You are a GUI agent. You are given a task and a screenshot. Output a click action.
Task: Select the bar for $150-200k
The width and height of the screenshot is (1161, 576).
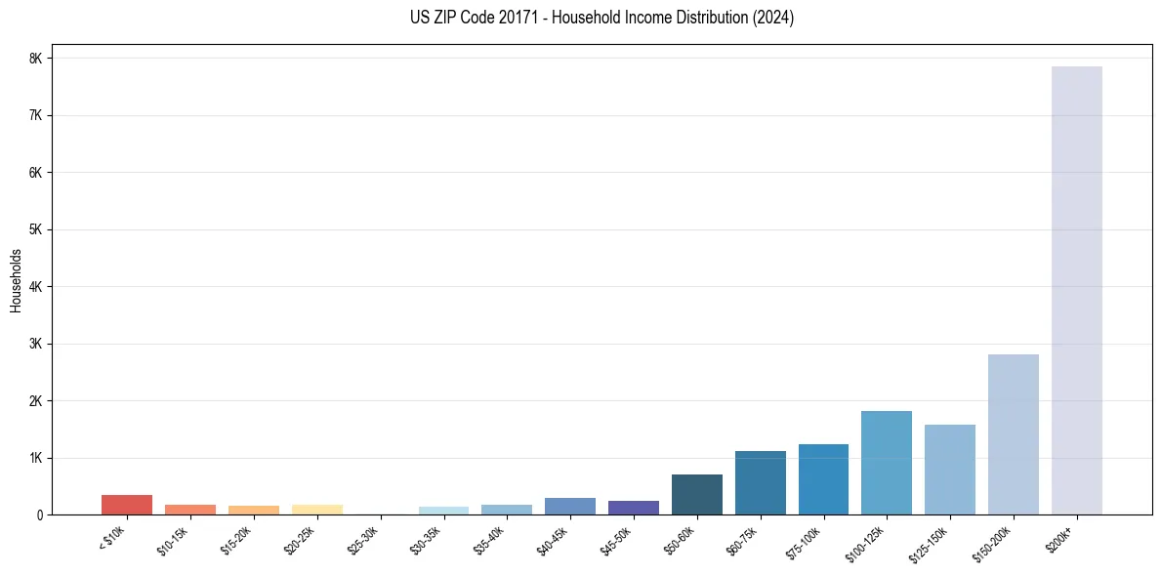coord(1013,434)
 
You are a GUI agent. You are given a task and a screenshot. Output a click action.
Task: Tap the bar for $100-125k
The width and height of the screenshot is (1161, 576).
coord(886,463)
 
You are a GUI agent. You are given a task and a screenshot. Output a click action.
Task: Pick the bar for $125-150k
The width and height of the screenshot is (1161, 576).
coord(949,470)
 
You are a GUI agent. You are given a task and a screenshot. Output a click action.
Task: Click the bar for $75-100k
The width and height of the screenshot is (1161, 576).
coord(823,479)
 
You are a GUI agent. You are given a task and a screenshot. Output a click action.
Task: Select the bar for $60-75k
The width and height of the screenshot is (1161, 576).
coord(760,482)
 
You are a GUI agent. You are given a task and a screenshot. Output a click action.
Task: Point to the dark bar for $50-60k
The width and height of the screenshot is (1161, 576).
coord(696,494)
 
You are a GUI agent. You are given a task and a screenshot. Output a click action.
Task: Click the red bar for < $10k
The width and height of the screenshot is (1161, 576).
coord(127,505)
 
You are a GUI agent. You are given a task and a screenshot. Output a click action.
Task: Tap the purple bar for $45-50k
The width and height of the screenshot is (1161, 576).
coord(633,508)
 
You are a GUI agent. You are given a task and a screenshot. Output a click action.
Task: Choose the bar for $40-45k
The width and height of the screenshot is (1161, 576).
coord(569,506)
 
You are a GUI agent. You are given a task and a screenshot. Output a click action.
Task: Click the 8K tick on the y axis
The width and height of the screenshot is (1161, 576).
coord(36,59)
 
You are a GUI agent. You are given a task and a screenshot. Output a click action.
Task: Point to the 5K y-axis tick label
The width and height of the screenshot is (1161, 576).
coord(36,229)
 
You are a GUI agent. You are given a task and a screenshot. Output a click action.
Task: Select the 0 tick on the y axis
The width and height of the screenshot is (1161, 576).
coord(40,514)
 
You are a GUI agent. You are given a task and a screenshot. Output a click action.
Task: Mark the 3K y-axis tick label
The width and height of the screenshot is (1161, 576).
coord(36,344)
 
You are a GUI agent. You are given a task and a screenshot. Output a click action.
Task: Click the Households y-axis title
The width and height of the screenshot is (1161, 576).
coord(17,280)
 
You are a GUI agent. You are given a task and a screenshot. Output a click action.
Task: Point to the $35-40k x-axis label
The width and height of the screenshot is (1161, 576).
coord(491,537)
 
